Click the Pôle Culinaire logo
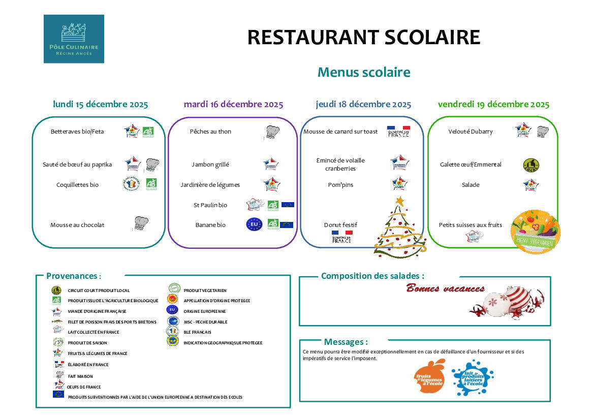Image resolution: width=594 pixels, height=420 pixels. click(74, 39)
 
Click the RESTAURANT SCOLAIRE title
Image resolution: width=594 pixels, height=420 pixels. click(363, 38)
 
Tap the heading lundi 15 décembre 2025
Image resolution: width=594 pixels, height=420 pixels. click(101, 105)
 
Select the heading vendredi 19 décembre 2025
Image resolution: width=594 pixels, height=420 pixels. click(493, 105)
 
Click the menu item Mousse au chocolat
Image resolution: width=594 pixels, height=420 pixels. click(77, 225)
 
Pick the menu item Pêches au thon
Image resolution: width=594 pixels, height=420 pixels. click(210, 132)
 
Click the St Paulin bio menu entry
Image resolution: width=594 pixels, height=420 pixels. click(210, 205)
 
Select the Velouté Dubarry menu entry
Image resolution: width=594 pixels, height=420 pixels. click(471, 132)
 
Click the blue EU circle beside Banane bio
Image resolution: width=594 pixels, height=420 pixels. click(254, 224)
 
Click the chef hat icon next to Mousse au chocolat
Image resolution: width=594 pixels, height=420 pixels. click(141, 223)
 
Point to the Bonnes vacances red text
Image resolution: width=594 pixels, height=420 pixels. click(445, 288)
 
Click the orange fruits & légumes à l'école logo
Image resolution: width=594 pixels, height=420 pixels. click(430, 377)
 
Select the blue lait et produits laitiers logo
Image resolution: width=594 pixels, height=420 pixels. click(473, 377)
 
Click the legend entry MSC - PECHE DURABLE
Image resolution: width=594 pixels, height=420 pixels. click(205, 322)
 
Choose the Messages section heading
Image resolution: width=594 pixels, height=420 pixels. click(346, 342)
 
